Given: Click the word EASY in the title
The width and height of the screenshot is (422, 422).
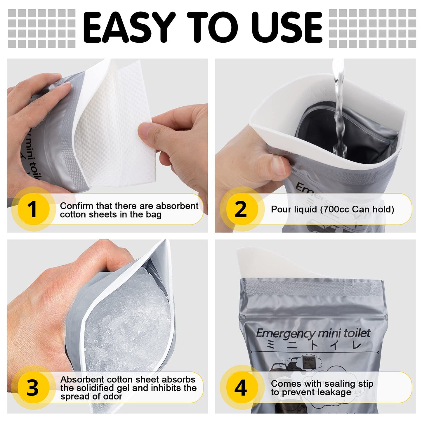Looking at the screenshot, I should pyautogui.click(x=128, y=28).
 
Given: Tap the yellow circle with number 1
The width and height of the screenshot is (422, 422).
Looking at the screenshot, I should pyautogui.click(x=33, y=209).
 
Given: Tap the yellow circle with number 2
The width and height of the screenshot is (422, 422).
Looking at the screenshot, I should pyautogui.click(x=241, y=209).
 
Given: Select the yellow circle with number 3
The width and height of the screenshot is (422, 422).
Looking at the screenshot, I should pyautogui.click(x=33, y=388).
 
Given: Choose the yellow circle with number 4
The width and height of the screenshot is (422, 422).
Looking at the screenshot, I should pyautogui.click(x=241, y=388).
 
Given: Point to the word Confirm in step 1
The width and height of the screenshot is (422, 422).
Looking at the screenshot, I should pyautogui.click(x=77, y=206).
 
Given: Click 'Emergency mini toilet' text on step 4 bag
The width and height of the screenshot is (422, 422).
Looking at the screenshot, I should pyautogui.click(x=313, y=333).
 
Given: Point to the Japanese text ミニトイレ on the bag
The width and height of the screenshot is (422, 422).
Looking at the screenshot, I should pyautogui.click(x=314, y=345).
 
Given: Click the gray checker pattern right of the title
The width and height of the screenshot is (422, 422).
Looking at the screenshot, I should pyautogui.click(x=372, y=28).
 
